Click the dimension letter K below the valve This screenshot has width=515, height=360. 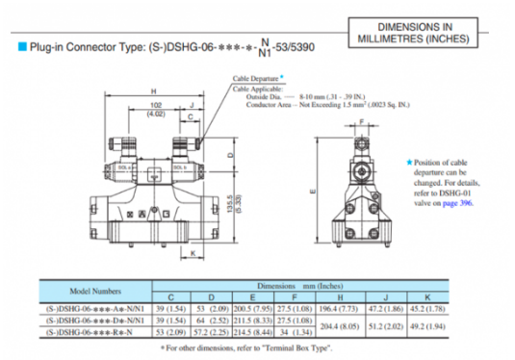pos(194,252)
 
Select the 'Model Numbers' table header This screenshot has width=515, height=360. pos(90,290)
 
